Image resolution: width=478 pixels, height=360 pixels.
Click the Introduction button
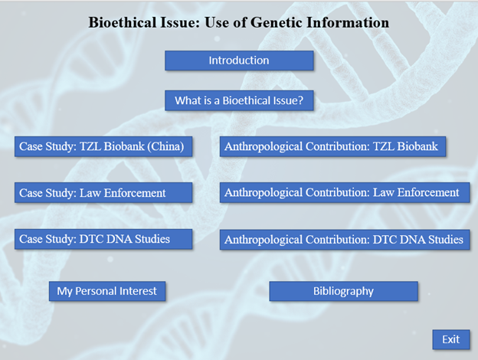pyautogui.click(x=239, y=61)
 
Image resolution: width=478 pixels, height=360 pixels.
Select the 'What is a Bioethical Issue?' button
pyautogui.click(x=239, y=100)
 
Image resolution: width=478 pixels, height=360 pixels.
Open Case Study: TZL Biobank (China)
pyautogui.click(x=103, y=146)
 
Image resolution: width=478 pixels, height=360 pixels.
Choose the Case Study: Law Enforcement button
pyautogui.click(x=103, y=193)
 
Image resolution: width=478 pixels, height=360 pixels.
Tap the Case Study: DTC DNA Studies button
pyautogui.click(x=103, y=239)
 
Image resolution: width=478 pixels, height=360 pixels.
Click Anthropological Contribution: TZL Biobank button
pyautogui.click(x=332, y=146)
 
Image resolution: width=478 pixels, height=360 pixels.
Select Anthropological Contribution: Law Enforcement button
pyautogui.click(x=345, y=193)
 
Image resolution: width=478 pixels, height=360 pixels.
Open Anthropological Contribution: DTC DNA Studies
pyautogui.click(x=345, y=240)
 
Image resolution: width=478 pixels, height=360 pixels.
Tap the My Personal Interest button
pyautogui.click(x=107, y=291)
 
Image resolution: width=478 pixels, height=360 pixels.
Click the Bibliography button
pyautogui.click(x=343, y=291)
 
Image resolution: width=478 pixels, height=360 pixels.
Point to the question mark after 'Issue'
pyautogui.click(x=300, y=100)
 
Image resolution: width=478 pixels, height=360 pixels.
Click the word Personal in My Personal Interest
pyautogui.click(x=94, y=291)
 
